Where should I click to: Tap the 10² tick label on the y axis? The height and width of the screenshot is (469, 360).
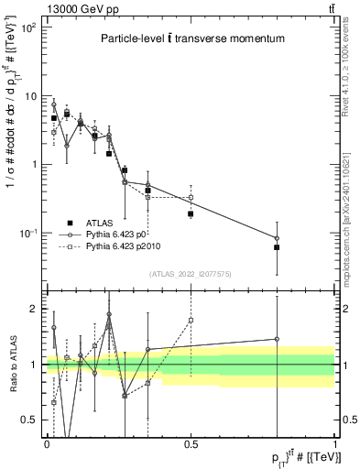click(x=27, y=27)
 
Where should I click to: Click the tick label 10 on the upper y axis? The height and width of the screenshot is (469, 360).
click(x=31, y=96)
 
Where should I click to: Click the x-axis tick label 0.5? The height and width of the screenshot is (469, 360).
click(x=191, y=443)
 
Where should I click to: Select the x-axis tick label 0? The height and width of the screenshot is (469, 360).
click(x=47, y=443)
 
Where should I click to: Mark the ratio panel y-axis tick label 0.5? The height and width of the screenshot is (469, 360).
click(x=32, y=420)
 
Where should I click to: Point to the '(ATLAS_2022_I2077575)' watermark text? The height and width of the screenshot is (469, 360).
click(x=191, y=274)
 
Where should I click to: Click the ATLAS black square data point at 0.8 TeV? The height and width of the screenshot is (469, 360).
click(x=277, y=247)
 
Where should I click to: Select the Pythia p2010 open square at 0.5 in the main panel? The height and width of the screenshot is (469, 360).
click(x=191, y=197)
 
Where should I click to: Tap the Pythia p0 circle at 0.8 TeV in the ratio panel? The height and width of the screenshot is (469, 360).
click(x=277, y=339)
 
